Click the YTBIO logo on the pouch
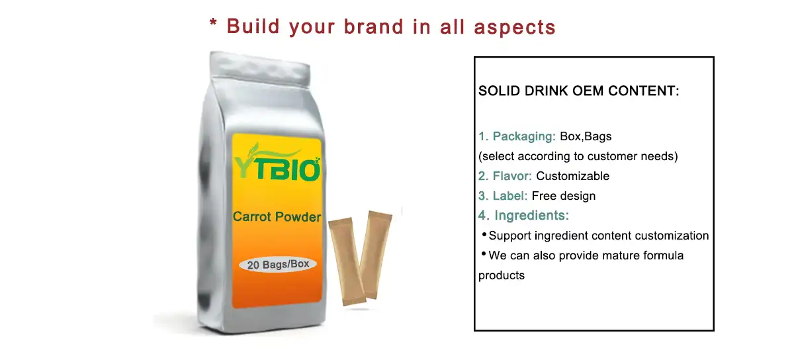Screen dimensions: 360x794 point(277,164)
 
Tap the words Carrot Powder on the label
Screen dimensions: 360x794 point(277,216)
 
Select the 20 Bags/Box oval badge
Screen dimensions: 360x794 point(278,265)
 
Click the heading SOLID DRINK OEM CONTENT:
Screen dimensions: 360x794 point(579,91)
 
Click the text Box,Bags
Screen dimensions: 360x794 point(586,137)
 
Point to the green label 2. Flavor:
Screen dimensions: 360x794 point(506,176)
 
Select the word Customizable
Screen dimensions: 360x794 point(573,176)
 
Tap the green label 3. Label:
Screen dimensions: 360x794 point(503,196)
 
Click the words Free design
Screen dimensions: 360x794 point(564,196)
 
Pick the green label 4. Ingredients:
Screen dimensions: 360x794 point(524,216)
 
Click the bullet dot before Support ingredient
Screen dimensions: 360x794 point(484,235)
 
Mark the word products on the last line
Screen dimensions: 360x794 point(502,275)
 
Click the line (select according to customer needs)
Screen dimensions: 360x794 point(578,157)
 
